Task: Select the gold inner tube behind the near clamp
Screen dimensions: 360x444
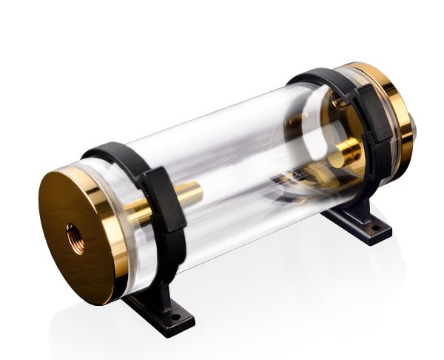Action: (x=185, y=199)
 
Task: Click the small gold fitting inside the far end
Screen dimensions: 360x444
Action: (x=344, y=156)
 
